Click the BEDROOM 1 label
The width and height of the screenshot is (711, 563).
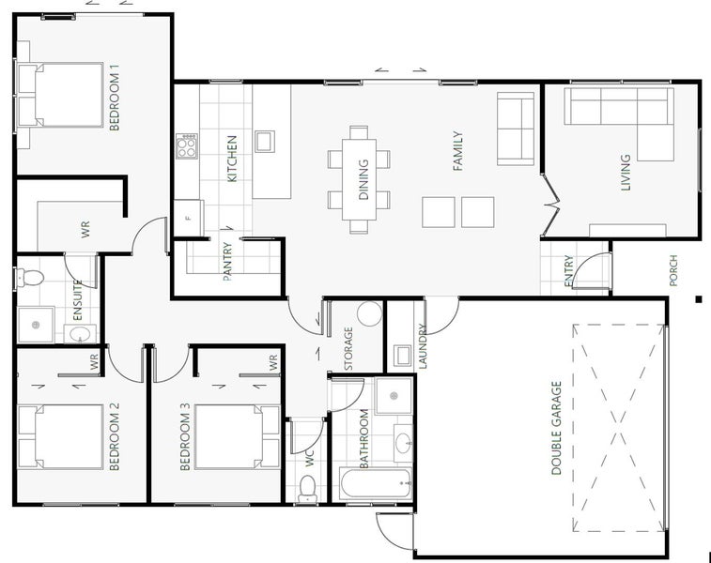115,97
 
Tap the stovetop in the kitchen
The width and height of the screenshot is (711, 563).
187,145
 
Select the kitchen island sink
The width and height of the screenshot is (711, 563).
265,142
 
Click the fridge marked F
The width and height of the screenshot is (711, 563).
189,218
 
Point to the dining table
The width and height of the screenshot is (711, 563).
359,179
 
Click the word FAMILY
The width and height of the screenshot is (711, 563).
458,151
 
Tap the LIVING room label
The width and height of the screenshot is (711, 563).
626,173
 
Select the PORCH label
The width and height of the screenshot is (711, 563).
672,270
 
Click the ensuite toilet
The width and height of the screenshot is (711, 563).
29,277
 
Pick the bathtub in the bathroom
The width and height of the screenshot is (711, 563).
376,483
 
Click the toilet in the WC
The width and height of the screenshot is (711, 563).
308,489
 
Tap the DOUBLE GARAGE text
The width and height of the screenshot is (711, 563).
556,428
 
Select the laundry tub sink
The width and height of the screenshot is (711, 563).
402,356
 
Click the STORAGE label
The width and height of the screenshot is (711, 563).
348,348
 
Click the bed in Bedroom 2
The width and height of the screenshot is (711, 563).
61,436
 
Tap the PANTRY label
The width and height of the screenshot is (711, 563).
227,262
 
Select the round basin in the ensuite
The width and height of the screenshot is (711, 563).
80,334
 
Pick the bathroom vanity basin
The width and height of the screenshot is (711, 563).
403,443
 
